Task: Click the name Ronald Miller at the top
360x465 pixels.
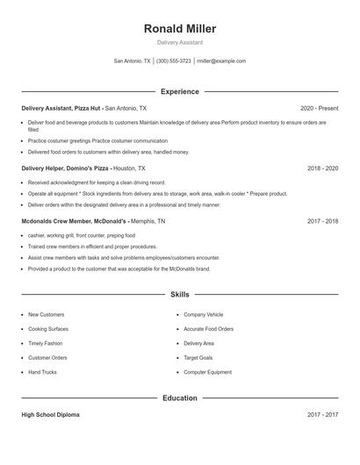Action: point(180,29)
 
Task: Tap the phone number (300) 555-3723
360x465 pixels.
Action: point(173,61)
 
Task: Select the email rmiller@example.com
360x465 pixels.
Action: point(221,61)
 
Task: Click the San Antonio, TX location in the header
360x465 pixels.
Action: point(133,61)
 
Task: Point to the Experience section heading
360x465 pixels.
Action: point(180,91)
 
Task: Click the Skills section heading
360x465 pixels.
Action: point(180,295)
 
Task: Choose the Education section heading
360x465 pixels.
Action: point(180,398)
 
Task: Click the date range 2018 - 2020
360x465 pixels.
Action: point(322,168)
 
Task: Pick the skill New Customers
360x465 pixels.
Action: point(46,314)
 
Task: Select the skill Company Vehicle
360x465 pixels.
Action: point(203,314)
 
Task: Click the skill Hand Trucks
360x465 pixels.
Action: point(42,372)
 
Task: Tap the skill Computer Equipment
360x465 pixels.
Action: point(207,372)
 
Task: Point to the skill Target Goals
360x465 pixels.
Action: point(198,358)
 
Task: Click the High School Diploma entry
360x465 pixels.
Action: point(50,415)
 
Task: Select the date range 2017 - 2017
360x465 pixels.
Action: point(322,415)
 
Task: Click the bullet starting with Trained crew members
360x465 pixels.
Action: point(79,247)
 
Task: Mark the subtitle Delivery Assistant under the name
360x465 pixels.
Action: point(180,42)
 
